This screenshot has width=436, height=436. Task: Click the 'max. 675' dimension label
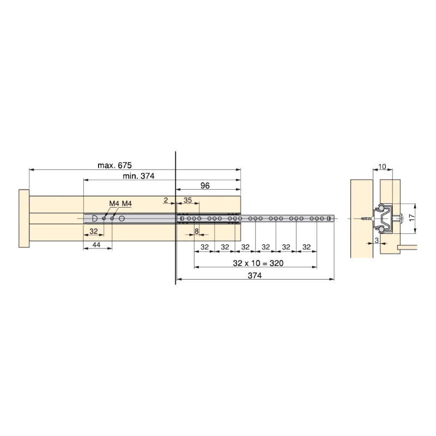point(115,165)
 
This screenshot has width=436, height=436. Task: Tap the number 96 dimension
point(205,185)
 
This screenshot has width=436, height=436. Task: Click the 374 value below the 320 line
point(255,276)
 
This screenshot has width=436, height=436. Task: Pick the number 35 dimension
point(187,201)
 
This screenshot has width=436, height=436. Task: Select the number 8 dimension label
point(196,232)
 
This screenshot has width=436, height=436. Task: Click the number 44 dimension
point(96,245)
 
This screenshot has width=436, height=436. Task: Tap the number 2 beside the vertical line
point(166,201)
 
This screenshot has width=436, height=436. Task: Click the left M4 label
point(113,204)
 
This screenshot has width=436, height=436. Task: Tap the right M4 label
point(126,204)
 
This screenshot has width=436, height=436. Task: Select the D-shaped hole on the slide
point(95,218)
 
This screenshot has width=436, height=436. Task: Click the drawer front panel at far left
point(23,219)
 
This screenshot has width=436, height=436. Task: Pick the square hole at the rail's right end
point(329,219)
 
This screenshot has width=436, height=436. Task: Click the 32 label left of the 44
point(94,232)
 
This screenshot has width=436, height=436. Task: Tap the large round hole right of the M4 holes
point(122,218)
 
